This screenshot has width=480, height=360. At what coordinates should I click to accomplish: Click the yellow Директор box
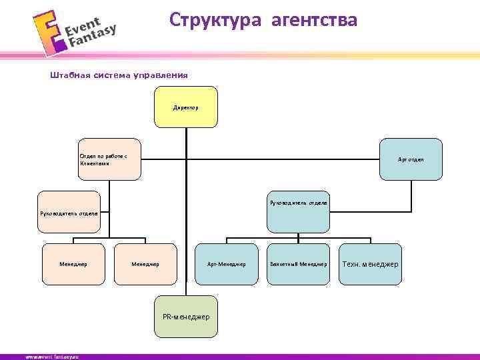click(186, 107)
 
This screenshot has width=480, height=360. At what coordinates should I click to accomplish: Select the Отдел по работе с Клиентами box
click(109, 159)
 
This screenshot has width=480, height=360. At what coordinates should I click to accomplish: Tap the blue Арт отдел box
click(411, 159)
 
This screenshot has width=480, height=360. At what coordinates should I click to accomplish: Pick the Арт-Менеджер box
click(227, 264)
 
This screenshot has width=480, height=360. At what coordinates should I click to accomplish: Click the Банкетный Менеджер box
click(298, 264)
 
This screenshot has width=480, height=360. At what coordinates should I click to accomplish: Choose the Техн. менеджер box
click(371, 264)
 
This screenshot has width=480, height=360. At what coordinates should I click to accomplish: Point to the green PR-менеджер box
click(186, 316)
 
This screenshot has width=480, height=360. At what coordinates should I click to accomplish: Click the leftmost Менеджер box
click(73, 264)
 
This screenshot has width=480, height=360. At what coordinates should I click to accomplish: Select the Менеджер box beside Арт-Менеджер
click(145, 264)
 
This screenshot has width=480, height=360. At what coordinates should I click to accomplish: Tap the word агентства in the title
click(314, 20)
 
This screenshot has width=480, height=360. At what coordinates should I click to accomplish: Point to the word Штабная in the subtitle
click(69, 75)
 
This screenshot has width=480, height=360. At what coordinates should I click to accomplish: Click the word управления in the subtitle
click(160, 75)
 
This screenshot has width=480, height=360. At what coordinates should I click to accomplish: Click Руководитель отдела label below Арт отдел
click(298, 202)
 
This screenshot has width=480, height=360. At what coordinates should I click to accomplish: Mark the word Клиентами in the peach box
click(93, 163)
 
